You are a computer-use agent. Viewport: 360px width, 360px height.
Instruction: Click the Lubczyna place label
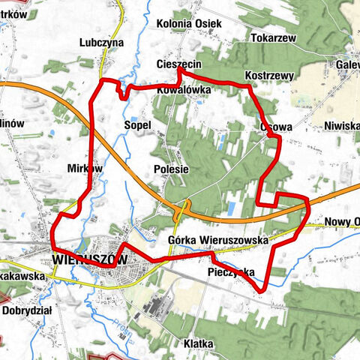(x=104, y=43)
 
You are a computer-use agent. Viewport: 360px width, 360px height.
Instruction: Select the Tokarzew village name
(x=274, y=37)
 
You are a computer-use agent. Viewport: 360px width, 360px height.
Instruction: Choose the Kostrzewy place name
(x=269, y=76)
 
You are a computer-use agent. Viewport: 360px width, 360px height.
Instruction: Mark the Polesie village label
(x=171, y=169)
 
